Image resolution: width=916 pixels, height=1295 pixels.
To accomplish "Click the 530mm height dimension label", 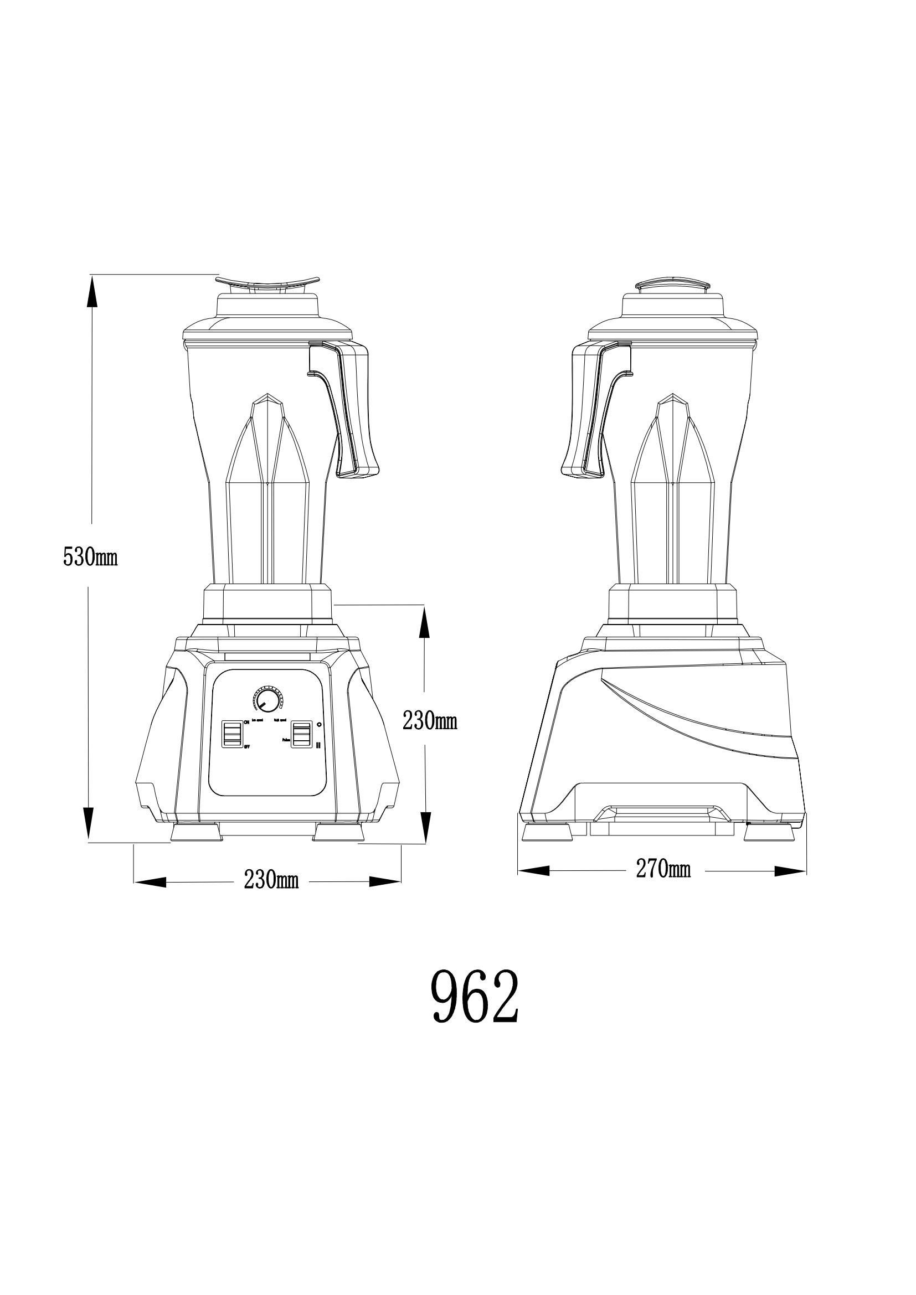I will click(x=90, y=558).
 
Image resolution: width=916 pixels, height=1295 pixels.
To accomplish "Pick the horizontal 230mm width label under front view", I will click(x=271, y=880).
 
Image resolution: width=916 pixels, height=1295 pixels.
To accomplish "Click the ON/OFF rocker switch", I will click(x=233, y=734).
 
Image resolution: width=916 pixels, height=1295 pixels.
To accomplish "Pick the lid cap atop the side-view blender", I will click(x=672, y=283).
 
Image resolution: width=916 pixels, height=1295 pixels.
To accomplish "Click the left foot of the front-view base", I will click(x=195, y=833).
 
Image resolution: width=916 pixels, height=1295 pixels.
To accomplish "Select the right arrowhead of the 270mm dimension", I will click(x=790, y=871).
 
